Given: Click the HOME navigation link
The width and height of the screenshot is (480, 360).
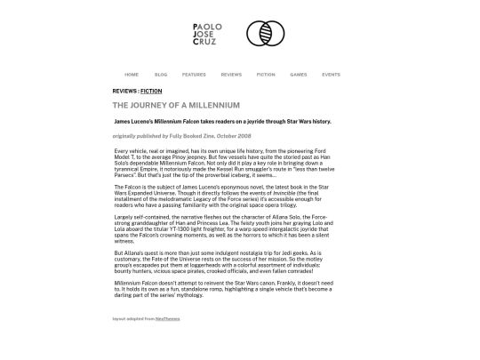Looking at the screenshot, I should point(132,75).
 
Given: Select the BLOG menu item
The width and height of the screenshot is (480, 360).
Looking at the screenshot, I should point(161,75).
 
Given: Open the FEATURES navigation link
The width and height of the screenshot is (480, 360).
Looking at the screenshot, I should point(194,75).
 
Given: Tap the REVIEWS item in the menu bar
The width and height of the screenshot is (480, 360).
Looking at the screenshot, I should point(231,75).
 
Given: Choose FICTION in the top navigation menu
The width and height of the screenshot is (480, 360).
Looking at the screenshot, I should point(266,75).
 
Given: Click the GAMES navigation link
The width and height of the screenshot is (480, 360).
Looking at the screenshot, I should point(299,75).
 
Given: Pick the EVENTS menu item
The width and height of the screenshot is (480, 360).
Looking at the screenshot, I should point(331,75).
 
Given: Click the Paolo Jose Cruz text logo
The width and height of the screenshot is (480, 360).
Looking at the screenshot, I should point(207,35).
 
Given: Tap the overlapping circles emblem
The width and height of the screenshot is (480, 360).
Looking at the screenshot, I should point(265,35).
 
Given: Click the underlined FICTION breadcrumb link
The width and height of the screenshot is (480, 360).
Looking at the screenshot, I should point(151,92).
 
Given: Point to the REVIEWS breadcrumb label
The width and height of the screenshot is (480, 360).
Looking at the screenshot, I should point(124,92).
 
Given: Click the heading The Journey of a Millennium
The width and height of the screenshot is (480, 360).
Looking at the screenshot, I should point(176,106).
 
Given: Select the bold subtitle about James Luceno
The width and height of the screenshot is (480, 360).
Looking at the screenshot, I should point(222,122).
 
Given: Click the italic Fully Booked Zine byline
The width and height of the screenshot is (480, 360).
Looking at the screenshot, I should point(181,136).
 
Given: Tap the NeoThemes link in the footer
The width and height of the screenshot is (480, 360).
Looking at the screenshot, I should point(167,318).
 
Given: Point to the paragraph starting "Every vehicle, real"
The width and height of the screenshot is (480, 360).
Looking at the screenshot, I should point(224,164).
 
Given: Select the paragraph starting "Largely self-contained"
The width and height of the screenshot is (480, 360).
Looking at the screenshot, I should point(224,228).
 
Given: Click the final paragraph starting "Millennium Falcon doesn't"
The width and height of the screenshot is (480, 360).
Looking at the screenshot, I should point(224,289).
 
